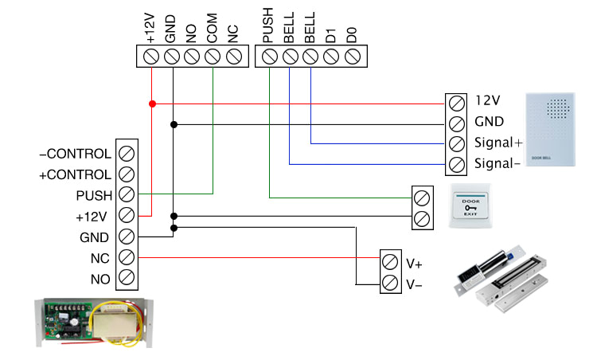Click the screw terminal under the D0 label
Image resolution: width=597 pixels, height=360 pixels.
tap(353, 57)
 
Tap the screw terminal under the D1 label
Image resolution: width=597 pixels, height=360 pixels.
tap(332, 57)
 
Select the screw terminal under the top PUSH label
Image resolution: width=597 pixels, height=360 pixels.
tap(269, 57)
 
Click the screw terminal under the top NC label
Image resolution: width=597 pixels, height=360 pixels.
tap(233, 57)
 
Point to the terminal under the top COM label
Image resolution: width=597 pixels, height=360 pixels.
tap(213, 57)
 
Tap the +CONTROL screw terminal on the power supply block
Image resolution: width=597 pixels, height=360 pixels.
tap(126, 174)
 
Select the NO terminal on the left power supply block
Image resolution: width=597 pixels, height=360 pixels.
tap(126, 278)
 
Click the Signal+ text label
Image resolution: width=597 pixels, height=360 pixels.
tap(498, 144)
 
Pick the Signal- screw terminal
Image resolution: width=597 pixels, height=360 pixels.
tap(456, 165)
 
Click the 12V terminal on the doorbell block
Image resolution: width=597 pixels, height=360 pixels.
tap(456, 103)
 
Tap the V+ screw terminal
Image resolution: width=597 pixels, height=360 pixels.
tap(390, 262)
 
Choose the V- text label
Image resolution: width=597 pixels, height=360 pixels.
tap(414, 283)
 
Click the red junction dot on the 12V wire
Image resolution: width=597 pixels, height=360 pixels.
tap(151, 103)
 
